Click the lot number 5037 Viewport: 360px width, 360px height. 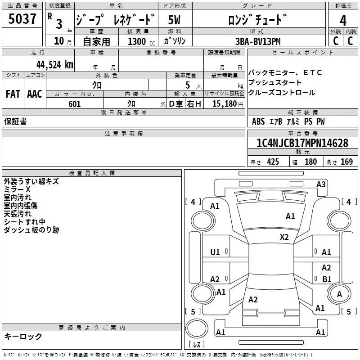(x=22, y=18)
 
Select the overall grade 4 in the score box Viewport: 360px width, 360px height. (x=343, y=21)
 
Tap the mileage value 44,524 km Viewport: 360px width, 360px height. (x=54, y=65)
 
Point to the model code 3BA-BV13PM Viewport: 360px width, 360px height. (x=258, y=41)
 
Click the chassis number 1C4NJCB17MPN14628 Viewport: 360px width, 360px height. (x=302, y=143)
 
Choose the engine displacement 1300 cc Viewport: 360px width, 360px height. (x=141, y=41)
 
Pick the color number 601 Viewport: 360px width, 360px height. (x=74, y=104)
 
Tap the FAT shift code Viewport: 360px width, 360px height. (x=13, y=94)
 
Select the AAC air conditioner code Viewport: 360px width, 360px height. (x=35, y=94)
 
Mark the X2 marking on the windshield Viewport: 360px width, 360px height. (x=284, y=237)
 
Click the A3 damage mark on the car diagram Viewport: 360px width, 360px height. (x=321, y=184)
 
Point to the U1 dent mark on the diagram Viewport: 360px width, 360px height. (x=215, y=252)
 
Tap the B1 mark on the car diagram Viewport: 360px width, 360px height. (x=327, y=279)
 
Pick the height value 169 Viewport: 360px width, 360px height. (x=346, y=162)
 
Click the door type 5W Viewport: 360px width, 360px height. (x=174, y=20)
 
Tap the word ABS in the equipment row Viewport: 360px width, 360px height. (x=258, y=121)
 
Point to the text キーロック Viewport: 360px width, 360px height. (x=23, y=336)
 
